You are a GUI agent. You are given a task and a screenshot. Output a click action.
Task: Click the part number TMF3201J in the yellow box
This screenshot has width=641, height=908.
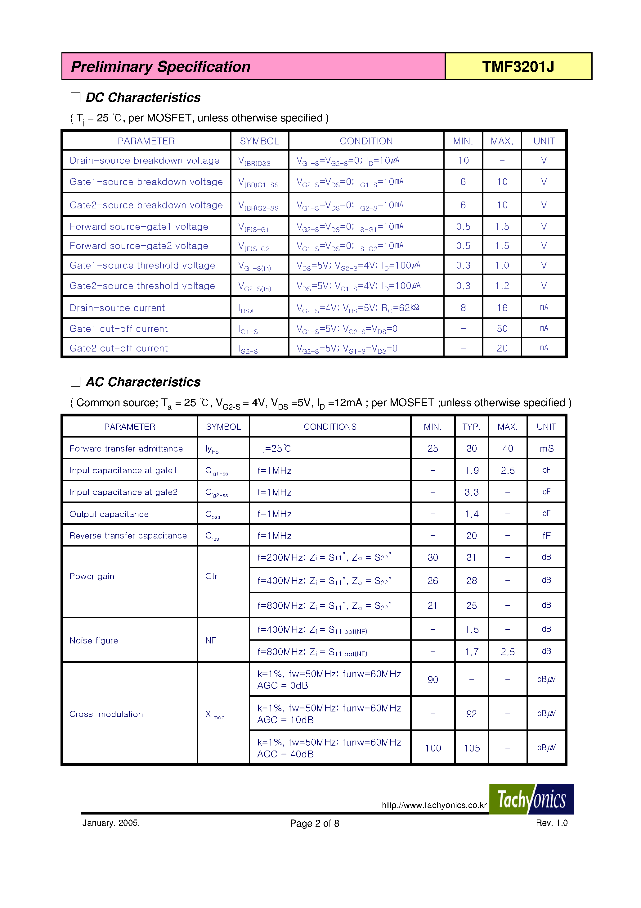pyautogui.click(x=518, y=66)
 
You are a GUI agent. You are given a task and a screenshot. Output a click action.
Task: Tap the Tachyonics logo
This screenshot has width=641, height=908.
pyautogui.click(x=531, y=799)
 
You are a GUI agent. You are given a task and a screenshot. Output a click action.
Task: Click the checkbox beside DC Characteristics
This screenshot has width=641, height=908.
pyautogui.click(x=75, y=97)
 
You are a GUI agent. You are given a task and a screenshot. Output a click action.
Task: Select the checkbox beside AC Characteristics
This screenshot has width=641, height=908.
pyautogui.click(x=75, y=382)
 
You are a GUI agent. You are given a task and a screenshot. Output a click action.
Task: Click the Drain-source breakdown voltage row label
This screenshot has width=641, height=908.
pyautogui.click(x=144, y=161)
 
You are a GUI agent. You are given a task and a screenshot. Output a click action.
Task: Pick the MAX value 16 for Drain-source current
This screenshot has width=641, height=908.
pyautogui.click(x=502, y=308)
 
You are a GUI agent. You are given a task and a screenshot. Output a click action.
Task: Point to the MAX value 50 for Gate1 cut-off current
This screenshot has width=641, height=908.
pyautogui.click(x=502, y=329)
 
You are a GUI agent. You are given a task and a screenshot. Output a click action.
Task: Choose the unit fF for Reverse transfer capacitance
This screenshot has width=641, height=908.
pyautogui.click(x=546, y=536)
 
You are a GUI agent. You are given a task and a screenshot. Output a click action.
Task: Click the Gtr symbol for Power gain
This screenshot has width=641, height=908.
pyautogui.click(x=211, y=576)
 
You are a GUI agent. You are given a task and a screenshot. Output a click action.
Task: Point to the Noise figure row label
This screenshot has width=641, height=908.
pyautogui.click(x=94, y=640)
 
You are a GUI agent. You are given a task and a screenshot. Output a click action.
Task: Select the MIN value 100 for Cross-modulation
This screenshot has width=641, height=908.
pyautogui.click(x=433, y=748)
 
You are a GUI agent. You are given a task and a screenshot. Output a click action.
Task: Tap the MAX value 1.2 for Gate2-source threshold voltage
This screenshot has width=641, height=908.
pyautogui.click(x=502, y=286)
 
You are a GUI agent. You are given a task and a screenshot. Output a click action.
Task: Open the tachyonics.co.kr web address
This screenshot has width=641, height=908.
pyautogui.click(x=434, y=805)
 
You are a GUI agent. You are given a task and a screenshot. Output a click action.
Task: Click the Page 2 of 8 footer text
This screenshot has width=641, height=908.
pyautogui.click(x=314, y=823)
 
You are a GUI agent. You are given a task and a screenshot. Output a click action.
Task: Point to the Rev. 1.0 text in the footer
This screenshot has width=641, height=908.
pyautogui.click(x=551, y=823)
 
